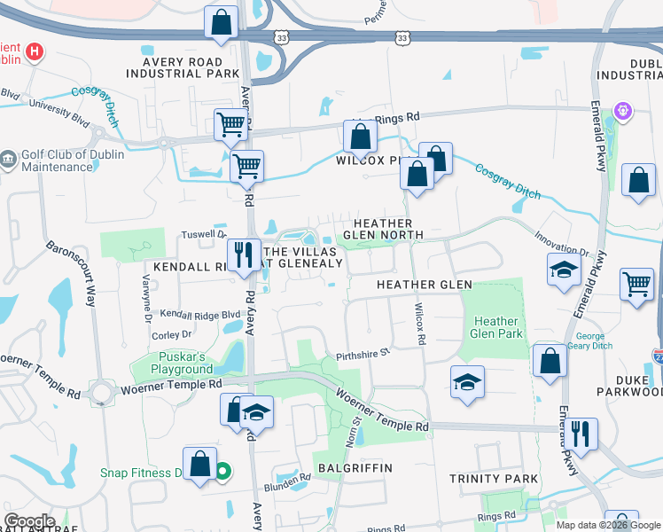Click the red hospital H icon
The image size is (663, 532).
34,51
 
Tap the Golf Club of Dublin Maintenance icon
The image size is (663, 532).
8,160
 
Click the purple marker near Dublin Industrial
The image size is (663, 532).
624,111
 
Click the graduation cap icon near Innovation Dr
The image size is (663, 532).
563,270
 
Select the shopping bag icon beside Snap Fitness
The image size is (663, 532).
200,463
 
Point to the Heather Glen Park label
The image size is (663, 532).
496,327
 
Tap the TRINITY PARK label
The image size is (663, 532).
493,479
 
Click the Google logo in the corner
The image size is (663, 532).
29,521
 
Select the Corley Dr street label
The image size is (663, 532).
171,334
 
